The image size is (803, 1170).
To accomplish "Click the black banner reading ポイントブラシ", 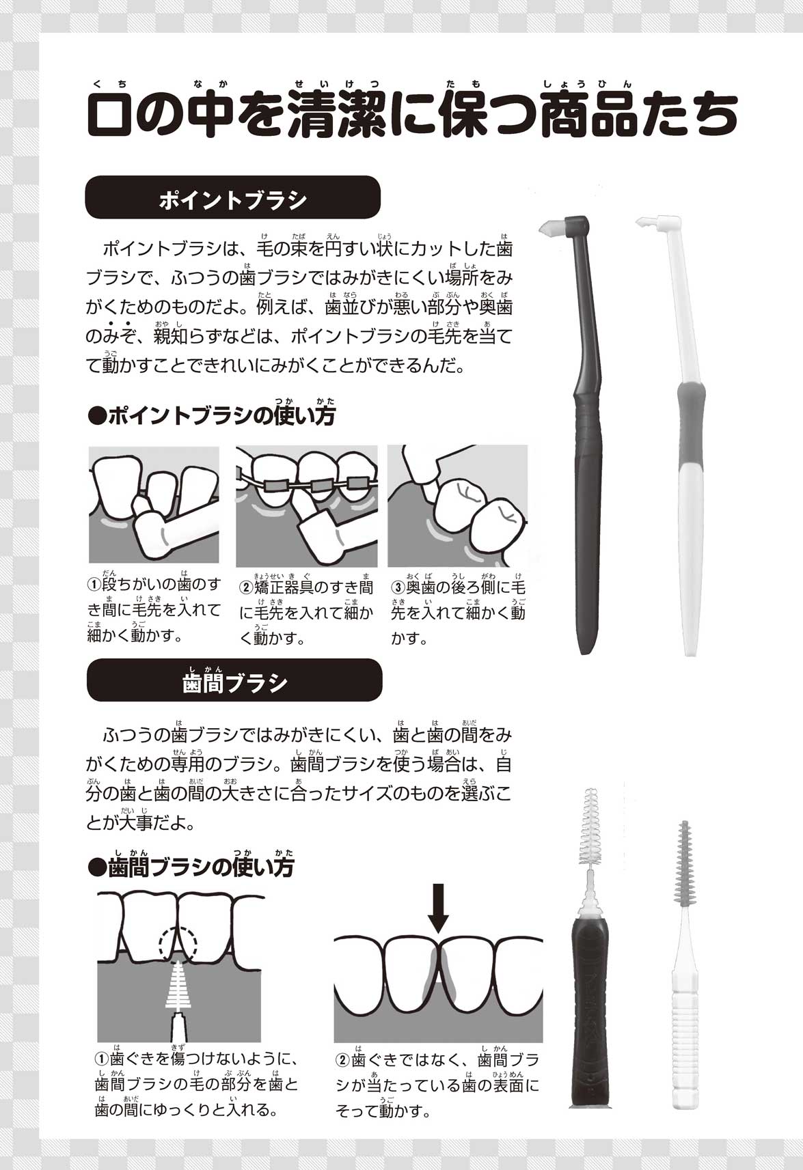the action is click(x=232, y=197).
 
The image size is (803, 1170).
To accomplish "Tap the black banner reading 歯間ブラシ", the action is click(x=234, y=680).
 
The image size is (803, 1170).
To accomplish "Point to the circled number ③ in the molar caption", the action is click(x=398, y=587).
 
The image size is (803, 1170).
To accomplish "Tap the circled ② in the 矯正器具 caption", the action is click(x=246, y=588).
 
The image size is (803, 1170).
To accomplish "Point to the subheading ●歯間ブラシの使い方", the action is click(x=191, y=868).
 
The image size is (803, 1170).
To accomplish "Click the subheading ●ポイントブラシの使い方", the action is click(x=212, y=416).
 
